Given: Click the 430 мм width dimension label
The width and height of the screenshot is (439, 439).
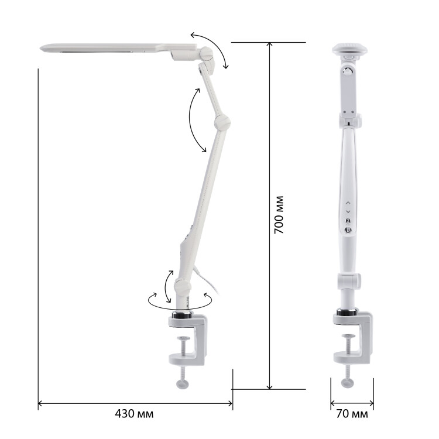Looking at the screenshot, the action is tap(134, 413).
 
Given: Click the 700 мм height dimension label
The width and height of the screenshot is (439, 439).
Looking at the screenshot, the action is tap(279, 215).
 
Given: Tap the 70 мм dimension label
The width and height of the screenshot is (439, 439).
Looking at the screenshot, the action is tap(352, 414).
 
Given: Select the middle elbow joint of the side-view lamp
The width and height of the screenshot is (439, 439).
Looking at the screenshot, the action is tap(222, 122).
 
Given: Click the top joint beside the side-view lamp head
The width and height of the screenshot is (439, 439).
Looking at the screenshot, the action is tap(207, 53).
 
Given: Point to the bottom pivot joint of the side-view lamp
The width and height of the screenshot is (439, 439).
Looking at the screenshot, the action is tap(183, 287).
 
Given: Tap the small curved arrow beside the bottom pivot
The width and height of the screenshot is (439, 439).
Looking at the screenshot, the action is tap(167, 286).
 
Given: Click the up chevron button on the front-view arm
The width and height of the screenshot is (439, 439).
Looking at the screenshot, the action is tap(348, 202).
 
